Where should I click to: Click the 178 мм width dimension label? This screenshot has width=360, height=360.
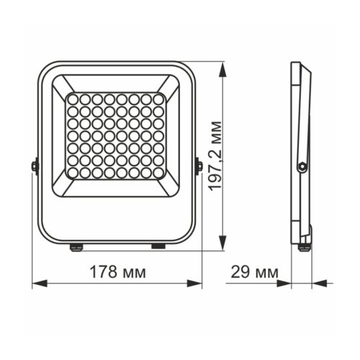(x=118, y=272)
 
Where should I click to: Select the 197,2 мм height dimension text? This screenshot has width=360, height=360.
(x=215, y=156)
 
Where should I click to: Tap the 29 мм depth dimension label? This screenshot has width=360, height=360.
(x=255, y=272)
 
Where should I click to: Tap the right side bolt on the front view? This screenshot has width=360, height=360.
(x=199, y=166)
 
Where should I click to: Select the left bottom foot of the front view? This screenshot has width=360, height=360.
(x=75, y=246)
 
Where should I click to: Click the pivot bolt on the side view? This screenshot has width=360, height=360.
(x=302, y=166)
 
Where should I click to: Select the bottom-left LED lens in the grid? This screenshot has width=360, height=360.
(x=73, y=174)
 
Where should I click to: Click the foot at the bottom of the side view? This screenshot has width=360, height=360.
(x=305, y=246)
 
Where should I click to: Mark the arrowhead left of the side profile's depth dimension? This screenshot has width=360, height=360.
(x=287, y=283)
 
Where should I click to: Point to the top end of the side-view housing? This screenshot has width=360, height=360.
(x=296, y=65)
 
